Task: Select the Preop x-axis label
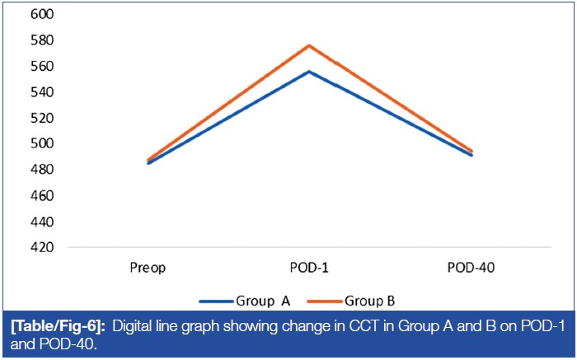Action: click(149, 268)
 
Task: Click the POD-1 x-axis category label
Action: click(310, 268)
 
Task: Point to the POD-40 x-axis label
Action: click(471, 268)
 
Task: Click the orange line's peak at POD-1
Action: click(310, 45)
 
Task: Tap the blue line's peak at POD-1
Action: click(310, 72)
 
